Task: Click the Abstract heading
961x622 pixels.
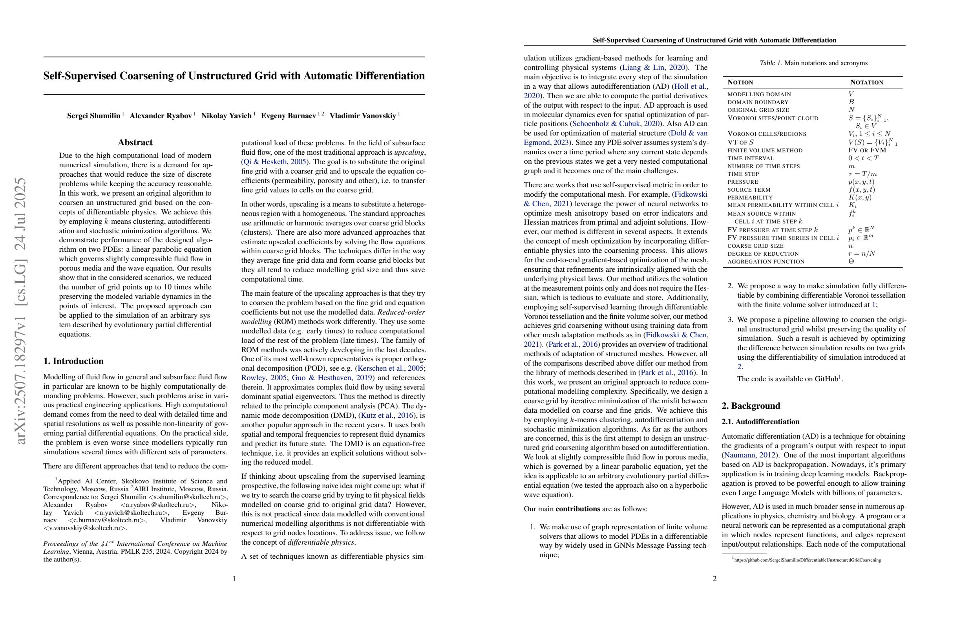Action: tap(135, 143)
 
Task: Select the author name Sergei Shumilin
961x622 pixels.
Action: tap(94, 116)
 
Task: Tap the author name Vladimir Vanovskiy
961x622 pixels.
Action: tap(363, 116)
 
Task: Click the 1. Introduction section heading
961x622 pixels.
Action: tap(73, 361)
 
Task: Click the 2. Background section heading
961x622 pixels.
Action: tap(751, 406)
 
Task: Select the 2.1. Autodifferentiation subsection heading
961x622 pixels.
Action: tap(760, 422)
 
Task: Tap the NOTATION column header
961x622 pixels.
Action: tap(866, 82)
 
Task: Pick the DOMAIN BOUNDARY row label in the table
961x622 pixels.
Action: tap(758, 102)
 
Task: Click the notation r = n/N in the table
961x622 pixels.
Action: tap(862, 254)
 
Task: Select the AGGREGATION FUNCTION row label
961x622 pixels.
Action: tap(766, 262)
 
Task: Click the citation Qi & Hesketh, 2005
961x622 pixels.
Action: tap(274, 162)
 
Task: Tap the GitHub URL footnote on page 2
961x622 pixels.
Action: tap(807, 560)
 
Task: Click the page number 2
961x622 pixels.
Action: tap(714, 579)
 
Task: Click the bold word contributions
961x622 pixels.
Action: tap(577, 509)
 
